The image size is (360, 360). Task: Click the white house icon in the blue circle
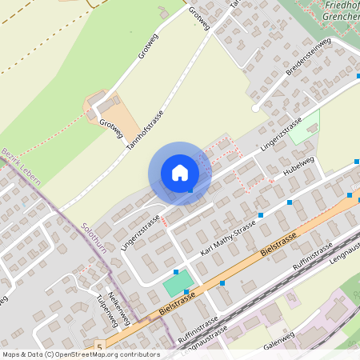[180, 173]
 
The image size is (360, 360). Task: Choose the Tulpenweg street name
[103, 313]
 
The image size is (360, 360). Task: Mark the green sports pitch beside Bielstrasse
[178, 282]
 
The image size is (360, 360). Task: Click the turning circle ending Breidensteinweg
[255, 107]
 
